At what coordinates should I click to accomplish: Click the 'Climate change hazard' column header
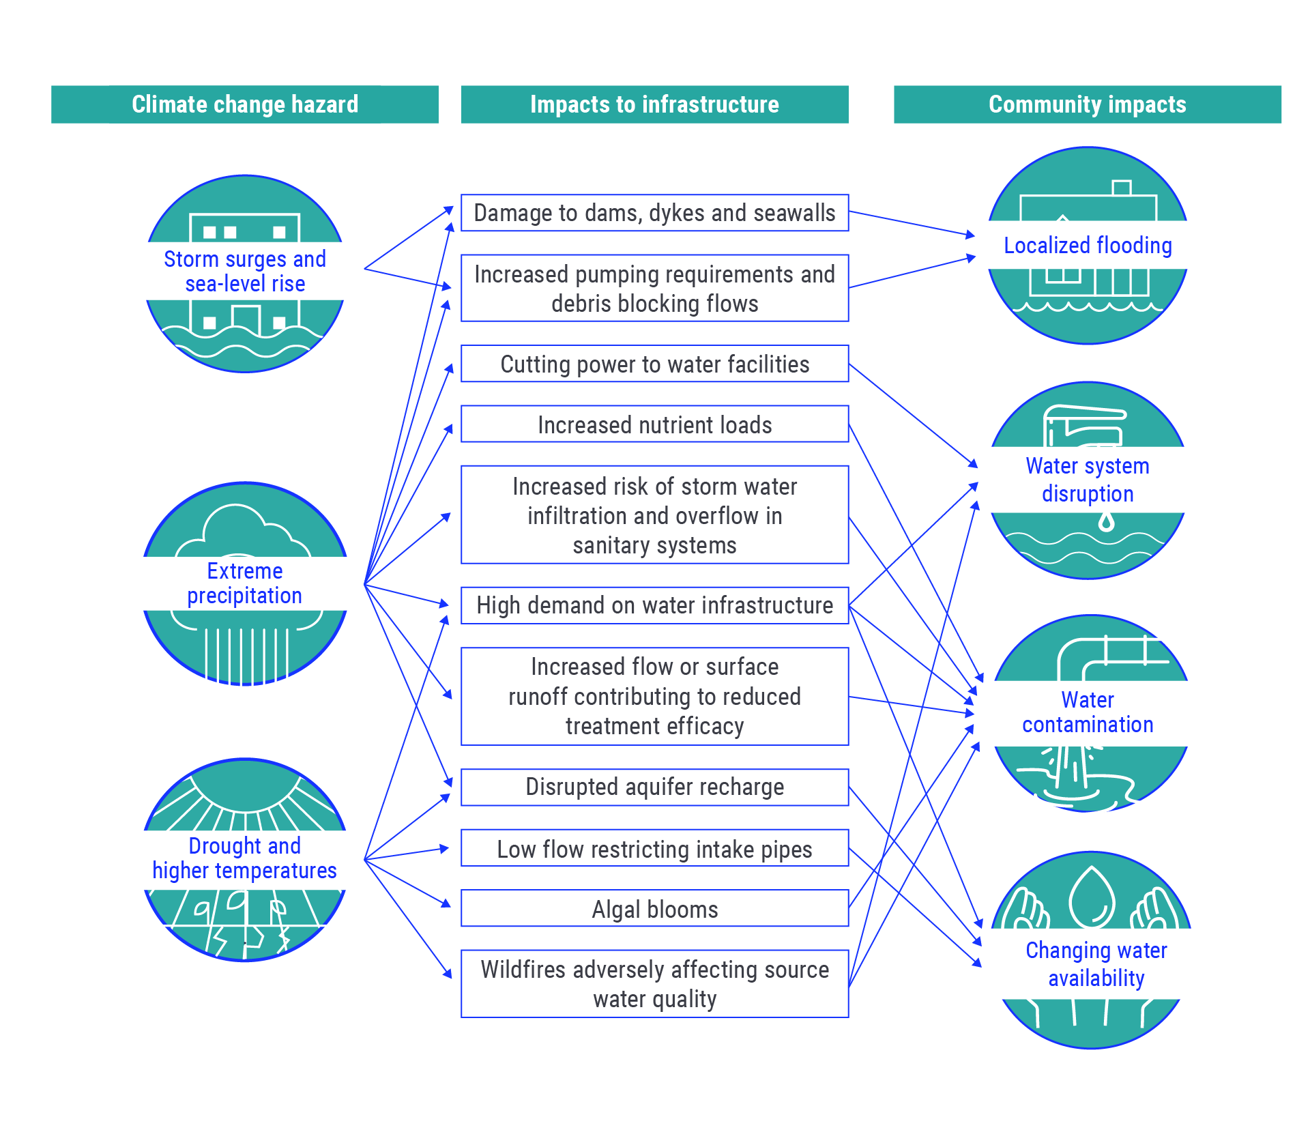click(244, 104)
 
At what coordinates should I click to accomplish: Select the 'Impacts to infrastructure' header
click(654, 104)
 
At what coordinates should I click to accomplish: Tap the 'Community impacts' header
click(1087, 104)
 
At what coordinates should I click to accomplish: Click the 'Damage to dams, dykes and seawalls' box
click(654, 213)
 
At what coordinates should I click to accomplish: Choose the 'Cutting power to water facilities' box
click(654, 364)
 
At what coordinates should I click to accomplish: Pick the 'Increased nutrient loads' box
click(654, 424)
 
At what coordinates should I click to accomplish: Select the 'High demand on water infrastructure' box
click(654, 605)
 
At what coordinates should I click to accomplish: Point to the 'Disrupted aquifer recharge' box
click(654, 787)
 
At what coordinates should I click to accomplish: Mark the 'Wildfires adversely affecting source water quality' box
click(654, 983)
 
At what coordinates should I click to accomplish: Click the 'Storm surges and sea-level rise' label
click(245, 271)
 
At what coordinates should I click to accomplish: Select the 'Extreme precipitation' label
click(245, 583)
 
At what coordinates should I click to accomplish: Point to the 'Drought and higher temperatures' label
click(244, 858)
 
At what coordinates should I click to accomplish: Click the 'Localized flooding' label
click(1088, 246)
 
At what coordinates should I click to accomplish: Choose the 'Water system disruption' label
click(1088, 479)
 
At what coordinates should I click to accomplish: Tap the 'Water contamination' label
click(1088, 712)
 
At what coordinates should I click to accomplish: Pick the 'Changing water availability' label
click(1096, 963)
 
